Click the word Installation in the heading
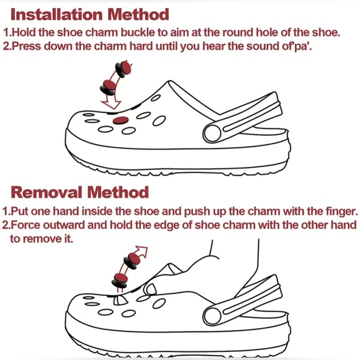[56, 14]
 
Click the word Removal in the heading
[47, 192]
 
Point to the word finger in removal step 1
[341, 212]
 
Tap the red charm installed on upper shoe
[120, 120]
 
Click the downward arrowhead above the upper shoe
[111, 104]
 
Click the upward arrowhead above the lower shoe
[143, 251]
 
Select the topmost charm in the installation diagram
[124, 69]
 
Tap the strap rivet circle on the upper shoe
[213, 133]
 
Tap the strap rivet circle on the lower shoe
[213, 316]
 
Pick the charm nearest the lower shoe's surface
[119, 281]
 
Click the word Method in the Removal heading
[118, 192]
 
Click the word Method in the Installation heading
[138, 14]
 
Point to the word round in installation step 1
[237, 32]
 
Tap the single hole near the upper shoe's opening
[156, 98]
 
